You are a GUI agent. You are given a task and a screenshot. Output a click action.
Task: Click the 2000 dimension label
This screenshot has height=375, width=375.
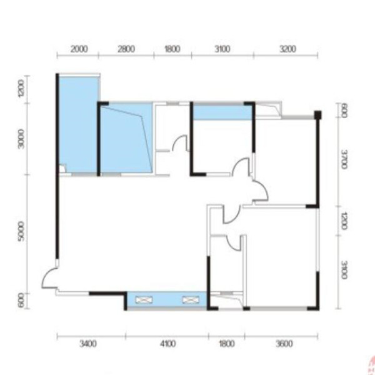79,49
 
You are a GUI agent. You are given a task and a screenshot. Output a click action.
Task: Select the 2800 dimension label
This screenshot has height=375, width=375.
126,49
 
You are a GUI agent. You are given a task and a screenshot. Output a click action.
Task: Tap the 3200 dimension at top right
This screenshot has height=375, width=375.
287,49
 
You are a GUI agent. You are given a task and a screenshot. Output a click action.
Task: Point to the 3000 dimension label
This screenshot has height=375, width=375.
21,139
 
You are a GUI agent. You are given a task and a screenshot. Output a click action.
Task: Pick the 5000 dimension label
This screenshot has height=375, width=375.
21,231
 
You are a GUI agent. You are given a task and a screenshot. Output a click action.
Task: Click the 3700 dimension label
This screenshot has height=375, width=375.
344,159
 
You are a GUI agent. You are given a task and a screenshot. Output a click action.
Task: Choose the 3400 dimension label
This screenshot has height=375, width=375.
88,344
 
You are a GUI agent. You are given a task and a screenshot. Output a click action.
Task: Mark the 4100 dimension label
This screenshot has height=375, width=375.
168,344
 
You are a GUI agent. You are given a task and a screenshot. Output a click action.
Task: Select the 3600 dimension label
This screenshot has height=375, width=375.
284,344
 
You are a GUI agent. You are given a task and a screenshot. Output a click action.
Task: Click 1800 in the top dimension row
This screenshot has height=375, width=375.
172,49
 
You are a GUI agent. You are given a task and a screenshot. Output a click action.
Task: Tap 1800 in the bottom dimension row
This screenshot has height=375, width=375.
227,344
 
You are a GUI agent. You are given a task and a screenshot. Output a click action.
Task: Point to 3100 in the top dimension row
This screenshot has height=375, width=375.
222,49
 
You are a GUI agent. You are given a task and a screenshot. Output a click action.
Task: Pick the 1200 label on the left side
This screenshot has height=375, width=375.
21,89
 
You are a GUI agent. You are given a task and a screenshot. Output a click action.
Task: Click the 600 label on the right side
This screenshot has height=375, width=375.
344,111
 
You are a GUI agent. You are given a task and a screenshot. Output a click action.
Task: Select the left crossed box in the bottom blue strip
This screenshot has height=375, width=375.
144,300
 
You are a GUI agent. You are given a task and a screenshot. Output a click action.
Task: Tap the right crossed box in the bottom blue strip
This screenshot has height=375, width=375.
191,300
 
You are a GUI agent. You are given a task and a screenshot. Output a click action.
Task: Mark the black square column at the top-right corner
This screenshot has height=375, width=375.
318,115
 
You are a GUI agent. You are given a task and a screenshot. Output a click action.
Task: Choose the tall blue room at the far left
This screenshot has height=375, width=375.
78,124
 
